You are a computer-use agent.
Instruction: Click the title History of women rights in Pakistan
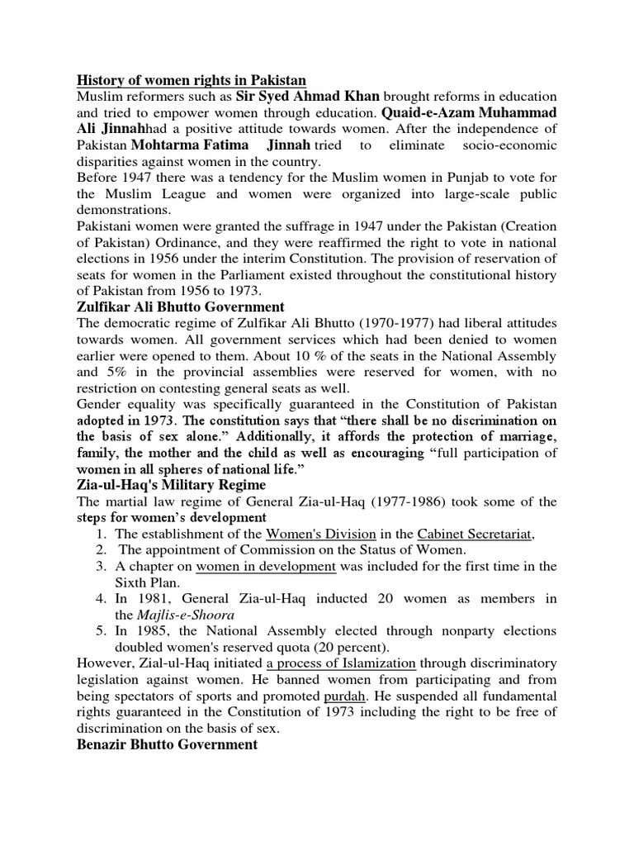click(x=192, y=80)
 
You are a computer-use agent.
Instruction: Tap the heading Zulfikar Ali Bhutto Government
click(x=180, y=307)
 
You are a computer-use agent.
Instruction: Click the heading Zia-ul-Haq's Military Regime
click(x=172, y=484)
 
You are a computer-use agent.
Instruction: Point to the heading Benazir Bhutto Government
click(x=168, y=744)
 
